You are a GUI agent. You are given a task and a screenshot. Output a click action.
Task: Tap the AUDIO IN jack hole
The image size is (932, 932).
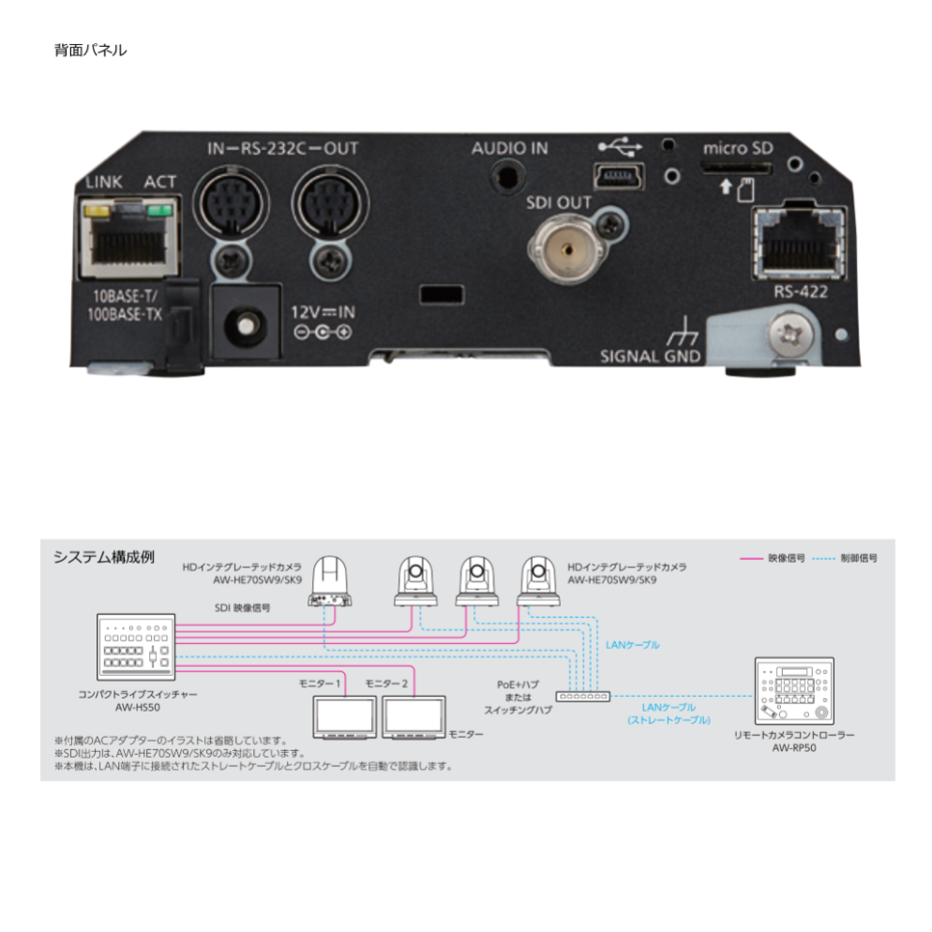tap(509, 174)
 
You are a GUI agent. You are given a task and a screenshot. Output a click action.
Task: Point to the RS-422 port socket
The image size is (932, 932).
tap(799, 244)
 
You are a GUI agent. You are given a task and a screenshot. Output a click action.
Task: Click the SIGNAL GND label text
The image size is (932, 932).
tap(650, 356)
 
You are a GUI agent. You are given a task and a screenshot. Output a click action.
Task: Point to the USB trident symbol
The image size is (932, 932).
tap(620, 146)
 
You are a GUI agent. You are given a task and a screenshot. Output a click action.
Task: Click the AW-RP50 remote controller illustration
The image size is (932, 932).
tap(793, 691)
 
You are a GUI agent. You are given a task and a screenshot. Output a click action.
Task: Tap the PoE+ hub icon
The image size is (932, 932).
tap(582, 696)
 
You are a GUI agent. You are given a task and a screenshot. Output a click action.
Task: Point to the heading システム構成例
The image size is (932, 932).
tap(103, 556)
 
